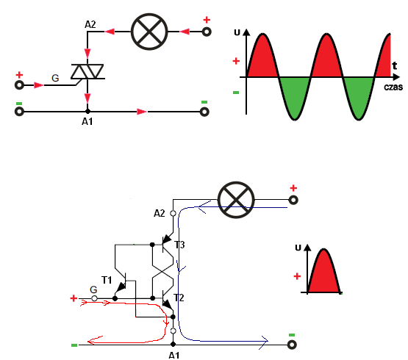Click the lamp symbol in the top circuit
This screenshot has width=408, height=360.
click(149, 32)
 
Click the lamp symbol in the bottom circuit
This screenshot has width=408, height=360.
click(236, 200)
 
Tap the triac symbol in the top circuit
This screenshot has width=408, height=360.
click(87, 71)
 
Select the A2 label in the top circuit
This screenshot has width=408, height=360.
click(90, 25)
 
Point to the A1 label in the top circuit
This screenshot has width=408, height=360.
click(87, 121)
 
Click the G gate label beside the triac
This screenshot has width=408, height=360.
click(55, 78)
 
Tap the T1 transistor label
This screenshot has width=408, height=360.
click(107, 280)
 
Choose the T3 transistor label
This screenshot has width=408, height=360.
click(179, 245)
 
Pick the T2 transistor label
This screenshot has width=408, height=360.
click(179, 298)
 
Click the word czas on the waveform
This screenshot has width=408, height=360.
click(393, 87)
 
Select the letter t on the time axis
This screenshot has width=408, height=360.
click(395, 65)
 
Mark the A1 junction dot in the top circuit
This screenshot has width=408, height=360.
click(87, 112)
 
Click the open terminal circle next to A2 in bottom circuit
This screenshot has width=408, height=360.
click(173, 214)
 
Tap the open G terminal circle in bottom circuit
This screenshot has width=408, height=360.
click(94, 298)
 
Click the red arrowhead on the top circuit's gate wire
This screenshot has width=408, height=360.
click(39, 85)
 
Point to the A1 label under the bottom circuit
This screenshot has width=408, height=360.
click(173, 356)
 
